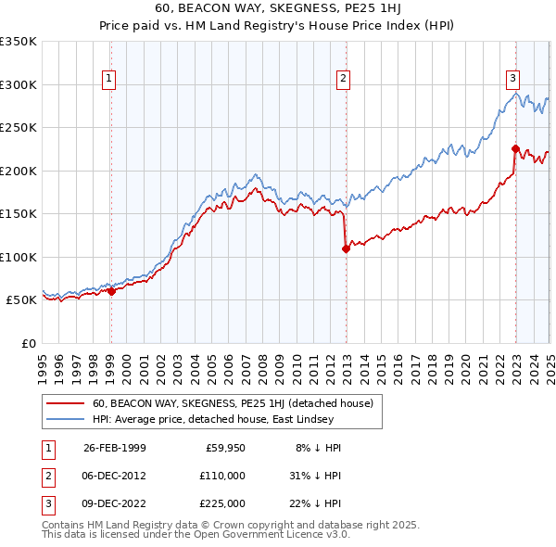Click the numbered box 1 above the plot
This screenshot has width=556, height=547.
110,79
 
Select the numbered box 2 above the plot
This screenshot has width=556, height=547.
343,79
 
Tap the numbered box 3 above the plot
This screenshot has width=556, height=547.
512,79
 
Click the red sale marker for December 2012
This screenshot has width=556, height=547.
346,248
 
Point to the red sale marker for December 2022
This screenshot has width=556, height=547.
515,148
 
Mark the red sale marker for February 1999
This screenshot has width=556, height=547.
111,291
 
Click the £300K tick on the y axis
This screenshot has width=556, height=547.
19,84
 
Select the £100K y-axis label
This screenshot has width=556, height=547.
19,257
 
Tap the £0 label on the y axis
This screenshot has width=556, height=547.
29,343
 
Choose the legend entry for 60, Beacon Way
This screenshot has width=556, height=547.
232,404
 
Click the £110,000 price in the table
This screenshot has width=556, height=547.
223,476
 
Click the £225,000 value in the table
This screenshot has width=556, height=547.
223,503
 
